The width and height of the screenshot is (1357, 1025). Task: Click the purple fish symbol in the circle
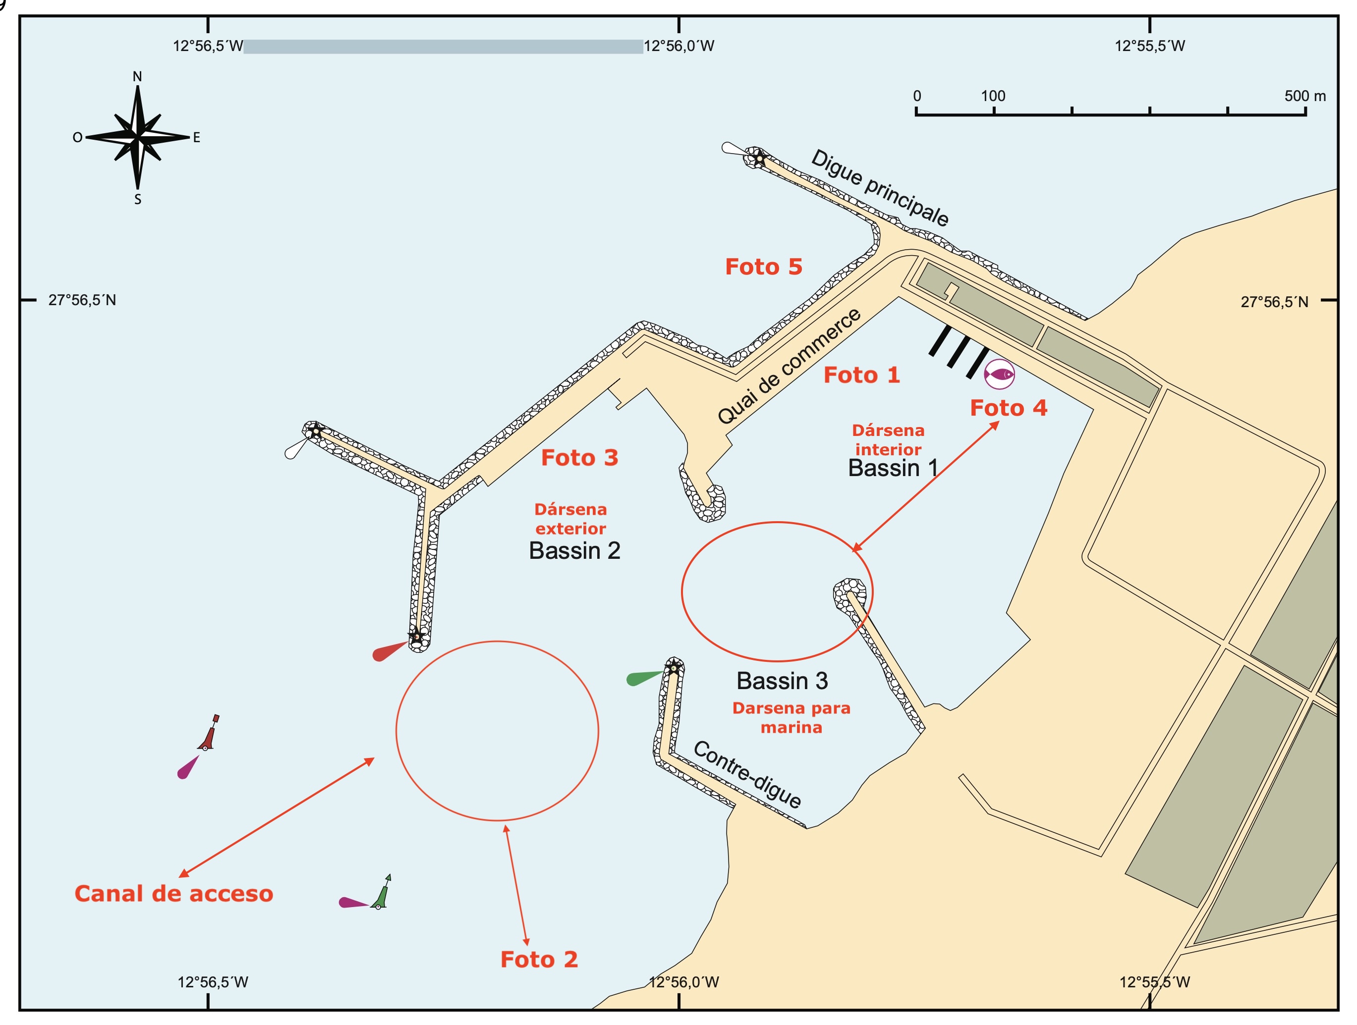click(999, 374)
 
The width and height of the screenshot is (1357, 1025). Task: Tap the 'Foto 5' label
click(763, 267)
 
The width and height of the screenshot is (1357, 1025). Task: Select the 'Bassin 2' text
click(574, 550)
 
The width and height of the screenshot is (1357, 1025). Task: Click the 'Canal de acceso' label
click(173, 893)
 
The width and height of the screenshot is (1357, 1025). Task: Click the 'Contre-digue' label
click(747, 774)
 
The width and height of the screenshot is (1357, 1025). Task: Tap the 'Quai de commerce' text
click(790, 366)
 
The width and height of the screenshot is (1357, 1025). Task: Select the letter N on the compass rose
click(137, 77)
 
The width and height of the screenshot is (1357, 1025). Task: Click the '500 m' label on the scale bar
click(1305, 96)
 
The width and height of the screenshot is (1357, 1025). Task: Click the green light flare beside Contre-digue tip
click(643, 678)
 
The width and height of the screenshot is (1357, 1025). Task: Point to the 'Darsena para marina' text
click(792, 718)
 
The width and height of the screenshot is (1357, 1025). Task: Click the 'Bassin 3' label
click(782, 681)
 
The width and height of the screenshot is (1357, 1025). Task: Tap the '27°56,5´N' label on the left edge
click(82, 300)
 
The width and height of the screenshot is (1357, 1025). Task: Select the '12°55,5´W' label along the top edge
click(1150, 46)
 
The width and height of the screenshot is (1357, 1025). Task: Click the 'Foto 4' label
click(1008, 408)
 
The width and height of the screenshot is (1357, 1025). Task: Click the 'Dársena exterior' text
click(570, 519)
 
